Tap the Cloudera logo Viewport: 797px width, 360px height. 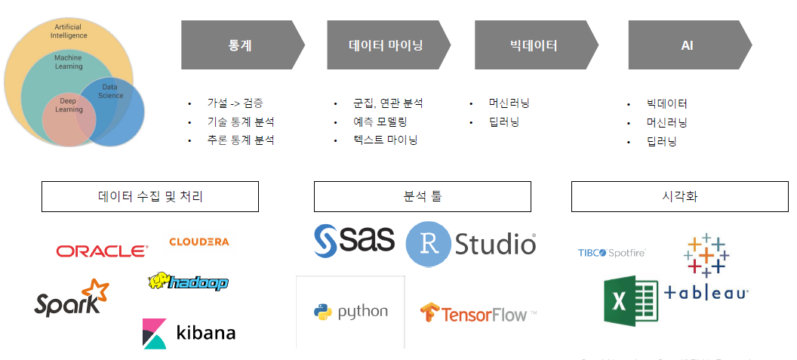click(198, 242)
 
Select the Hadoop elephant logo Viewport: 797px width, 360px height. click(188, 282)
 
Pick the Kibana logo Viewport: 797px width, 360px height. click(189, 332)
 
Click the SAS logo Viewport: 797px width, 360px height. click(354, 240)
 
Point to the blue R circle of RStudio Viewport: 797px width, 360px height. click(429, 244)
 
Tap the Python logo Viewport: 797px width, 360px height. click(351, 312)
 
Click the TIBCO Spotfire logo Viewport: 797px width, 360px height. click(611, 253)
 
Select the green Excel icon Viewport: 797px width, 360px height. click(631, 300)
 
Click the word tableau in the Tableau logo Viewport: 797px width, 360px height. click(706, 294)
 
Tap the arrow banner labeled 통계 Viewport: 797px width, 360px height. click(242, 45)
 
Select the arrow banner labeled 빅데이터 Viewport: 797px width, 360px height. click(534, 45)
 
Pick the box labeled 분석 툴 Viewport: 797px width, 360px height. click(422, 196)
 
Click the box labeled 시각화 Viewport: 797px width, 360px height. click(679, 196)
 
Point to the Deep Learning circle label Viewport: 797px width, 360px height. click(69, 105)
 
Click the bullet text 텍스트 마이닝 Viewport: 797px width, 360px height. click(385, 140)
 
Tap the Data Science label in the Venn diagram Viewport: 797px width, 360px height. click(112, 91)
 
